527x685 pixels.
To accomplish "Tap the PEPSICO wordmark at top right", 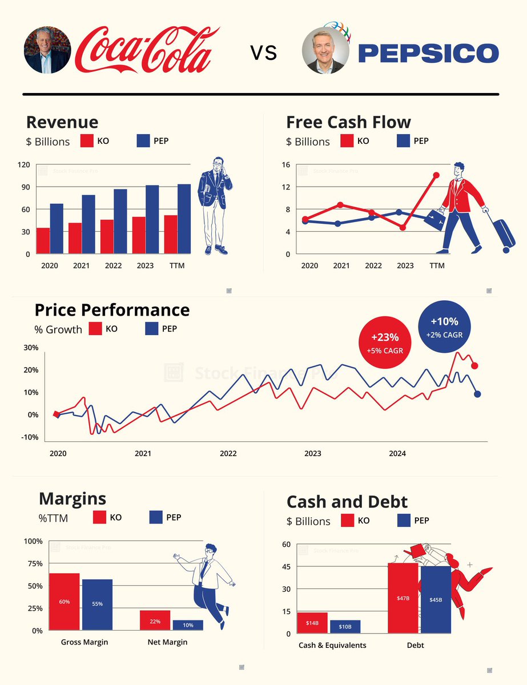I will [x=428, y=54].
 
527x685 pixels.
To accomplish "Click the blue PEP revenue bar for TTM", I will [x=184, y=219].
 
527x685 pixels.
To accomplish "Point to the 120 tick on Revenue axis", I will [x=23, y=165].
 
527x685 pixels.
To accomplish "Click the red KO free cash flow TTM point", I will [x=437, y=175].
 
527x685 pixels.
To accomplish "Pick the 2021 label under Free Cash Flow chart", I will [x=341, y=265].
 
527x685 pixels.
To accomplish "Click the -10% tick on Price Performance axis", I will [x=30, y=437].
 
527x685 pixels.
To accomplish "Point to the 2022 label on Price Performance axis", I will [x=228, y=454].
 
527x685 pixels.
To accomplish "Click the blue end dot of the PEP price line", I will [x=477, y=394].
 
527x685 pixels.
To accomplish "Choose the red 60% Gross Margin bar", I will [x=64, y=602].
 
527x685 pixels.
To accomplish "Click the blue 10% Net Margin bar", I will [x=188, y=625].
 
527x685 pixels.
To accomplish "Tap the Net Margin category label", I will [x=167, y=642].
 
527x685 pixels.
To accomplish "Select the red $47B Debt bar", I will [x=403, y=598].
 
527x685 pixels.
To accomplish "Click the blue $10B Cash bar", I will [x=345, y=627].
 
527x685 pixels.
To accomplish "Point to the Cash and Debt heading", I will [x=347, y=502].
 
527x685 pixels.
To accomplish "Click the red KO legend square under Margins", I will [x=99, y=517].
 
